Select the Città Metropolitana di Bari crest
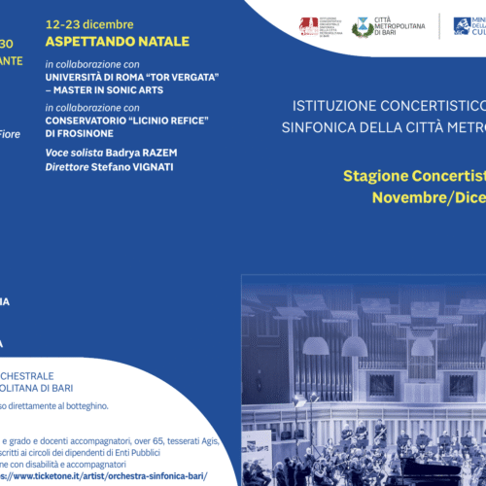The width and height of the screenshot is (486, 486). [362, 26]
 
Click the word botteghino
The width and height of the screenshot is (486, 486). [108, 405]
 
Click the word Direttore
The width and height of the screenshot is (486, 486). [68, 167]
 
